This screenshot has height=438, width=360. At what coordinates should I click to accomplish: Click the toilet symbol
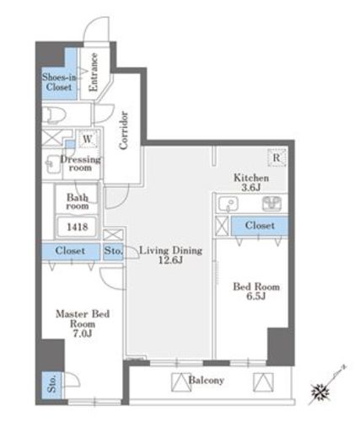coord(56,115)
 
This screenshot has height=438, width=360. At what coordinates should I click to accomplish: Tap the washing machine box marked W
coord(88,139)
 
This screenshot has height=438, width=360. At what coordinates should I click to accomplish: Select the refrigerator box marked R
coord(277,158)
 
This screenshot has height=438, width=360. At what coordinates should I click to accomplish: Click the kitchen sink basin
coord(228,203)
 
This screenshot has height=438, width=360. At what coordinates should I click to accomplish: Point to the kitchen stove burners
coord(271,204)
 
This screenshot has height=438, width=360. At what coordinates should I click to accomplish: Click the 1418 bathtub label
coord(78,227)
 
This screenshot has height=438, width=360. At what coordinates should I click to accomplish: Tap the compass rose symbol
coord(320,392)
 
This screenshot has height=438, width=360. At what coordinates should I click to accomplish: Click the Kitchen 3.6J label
coord(251,183)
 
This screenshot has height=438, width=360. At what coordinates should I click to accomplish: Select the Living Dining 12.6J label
coord(170,255)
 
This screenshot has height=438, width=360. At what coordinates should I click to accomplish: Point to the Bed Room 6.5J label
coord(256,291)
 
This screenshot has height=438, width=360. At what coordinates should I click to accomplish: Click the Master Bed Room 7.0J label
coord(83,323)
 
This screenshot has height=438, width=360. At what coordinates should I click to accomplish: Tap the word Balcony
coord(206,380)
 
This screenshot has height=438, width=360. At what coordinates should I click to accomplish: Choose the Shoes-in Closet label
coord(59,82)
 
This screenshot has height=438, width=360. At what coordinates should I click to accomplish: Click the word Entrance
coord(94,72)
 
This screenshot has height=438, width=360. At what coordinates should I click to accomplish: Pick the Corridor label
coord(123,131)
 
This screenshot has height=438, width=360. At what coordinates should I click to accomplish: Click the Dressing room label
coord(80,163)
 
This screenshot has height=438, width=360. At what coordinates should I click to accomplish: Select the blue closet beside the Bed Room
coord(260,226)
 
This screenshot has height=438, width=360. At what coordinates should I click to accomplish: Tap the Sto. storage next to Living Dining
coord(113,250)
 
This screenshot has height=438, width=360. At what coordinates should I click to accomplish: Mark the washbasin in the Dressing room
coord(53,163)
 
